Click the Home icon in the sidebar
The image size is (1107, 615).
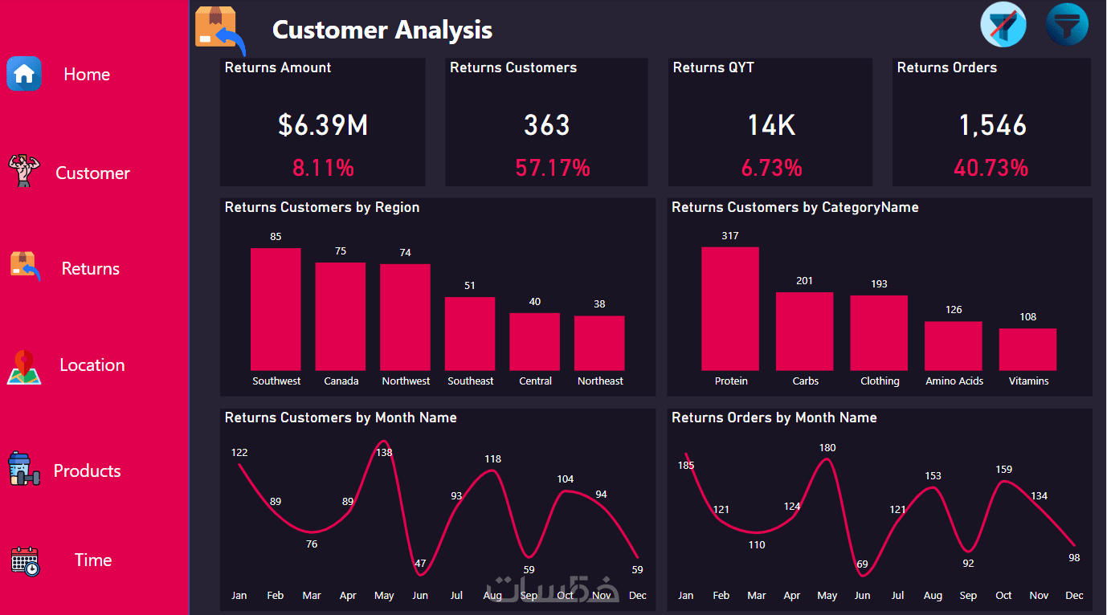coord(24,74)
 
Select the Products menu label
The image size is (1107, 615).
coord(87,470)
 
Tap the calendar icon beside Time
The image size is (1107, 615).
coord(25,560)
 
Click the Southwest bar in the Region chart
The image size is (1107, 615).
coord(276,308)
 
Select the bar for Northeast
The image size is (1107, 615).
coord(599,343)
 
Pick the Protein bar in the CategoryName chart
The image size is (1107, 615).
coord(730,308)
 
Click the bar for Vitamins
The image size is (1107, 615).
coord(1027,349)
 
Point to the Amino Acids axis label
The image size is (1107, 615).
coord(954,381)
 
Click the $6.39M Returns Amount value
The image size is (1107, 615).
coord(323,125)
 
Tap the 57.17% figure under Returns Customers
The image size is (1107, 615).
coord(553,168)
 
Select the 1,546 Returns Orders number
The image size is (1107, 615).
coord(993,125)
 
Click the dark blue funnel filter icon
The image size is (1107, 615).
coord(1067,25)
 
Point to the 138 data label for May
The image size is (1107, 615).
coord(385,453)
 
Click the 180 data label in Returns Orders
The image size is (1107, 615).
coord(827,448)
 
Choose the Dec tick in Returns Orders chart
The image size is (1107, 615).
coord(1074,596)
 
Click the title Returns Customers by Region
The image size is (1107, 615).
coord(322,207)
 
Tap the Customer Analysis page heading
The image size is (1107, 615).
coord(382,30)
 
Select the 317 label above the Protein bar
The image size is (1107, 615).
coord(730,236)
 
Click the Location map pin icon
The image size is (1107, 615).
coord(24,366)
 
